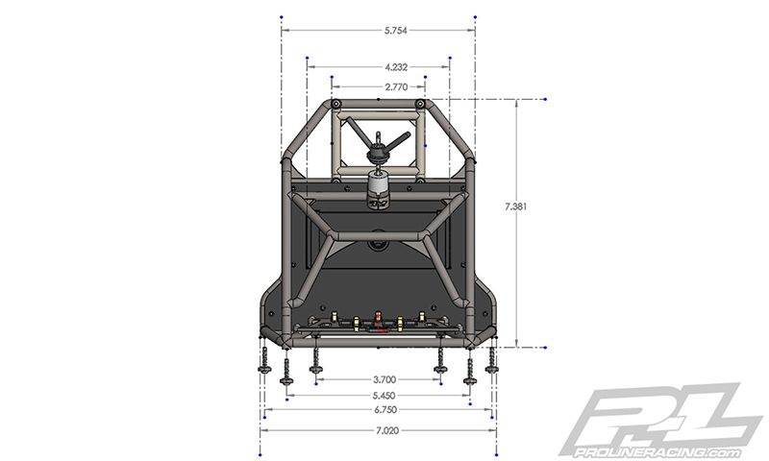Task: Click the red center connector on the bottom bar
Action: [378, 323]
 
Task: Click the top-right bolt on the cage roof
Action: [420, 104]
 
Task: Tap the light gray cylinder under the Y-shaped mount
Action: [378, 185]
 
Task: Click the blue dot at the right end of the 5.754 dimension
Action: [475, 17]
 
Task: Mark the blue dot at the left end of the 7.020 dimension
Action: [260, 453]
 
